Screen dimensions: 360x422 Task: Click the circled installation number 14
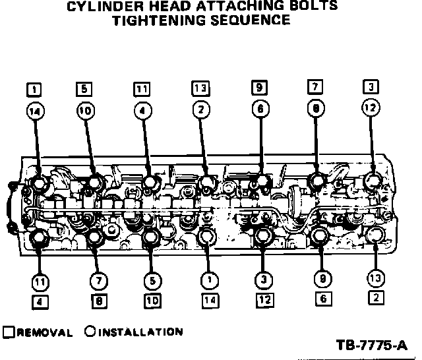[x=33, y=112]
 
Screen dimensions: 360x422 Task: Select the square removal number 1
[x=33, y=88]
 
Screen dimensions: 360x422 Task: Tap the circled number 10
[x=84, y=111]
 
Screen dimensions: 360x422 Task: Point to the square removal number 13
[x=201, y=87]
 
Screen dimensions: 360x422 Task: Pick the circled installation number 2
[x=201, y=111]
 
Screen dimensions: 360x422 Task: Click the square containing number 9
[x=260, y=87]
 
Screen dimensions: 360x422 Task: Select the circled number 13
[x=375, y=279]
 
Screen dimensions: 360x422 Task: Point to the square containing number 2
[x=375, y=298]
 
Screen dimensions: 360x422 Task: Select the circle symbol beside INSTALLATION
[x=89, y=332]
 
